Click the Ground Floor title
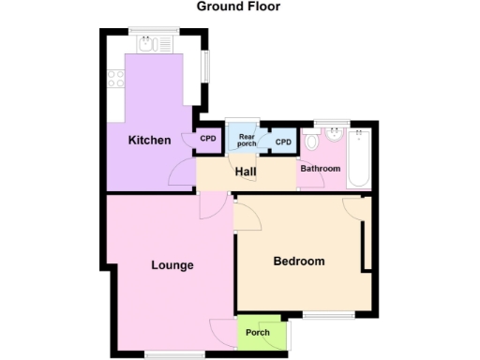pyautogui.click(x=238, y=7)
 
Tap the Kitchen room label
pyautogui.click(x=149, y=141)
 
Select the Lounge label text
pyautogui.click(x=172, y=265)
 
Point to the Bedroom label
pyautogui.click(x=298, y=262)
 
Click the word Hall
pyautogui.click(x=246, y=172)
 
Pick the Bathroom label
pyautogui.click(x=320, y=169)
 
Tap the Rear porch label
pyautogui.click(x=247, y=139)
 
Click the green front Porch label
pyautogui.click(x=258, y=333)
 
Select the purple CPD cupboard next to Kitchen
pyautogui.click(x=207, y=140)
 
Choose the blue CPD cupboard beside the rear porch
pyautogui.click(x=283, y=142)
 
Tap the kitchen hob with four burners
pyautogui.click(x=116, y=80)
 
